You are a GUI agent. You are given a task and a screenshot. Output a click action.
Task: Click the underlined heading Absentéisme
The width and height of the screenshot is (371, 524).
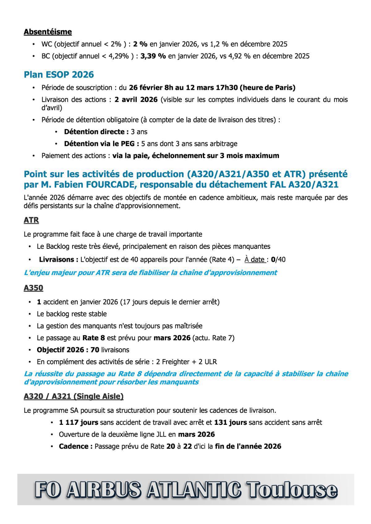pos(48,32)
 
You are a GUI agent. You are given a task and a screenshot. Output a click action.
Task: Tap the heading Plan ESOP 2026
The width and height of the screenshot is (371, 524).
pos(59,75)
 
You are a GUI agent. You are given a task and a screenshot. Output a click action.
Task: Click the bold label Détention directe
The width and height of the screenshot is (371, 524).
pos(96,132)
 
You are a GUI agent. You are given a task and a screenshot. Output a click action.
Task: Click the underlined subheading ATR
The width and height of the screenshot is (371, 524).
pos(31,220)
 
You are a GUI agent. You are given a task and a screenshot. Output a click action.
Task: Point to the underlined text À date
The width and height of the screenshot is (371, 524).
pos(254,259)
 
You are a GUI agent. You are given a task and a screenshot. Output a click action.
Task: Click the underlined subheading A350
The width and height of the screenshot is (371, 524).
pos(33,288)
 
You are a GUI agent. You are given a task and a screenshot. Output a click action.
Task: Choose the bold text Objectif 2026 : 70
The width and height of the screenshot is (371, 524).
pos(68,350)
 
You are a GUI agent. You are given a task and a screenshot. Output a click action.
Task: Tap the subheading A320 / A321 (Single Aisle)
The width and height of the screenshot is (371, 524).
pos(74,396)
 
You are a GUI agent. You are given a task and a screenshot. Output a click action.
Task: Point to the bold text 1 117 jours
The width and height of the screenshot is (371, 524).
pos(79,422)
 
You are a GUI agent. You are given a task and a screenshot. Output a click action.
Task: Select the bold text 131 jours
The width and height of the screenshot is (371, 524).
pos(230,422)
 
